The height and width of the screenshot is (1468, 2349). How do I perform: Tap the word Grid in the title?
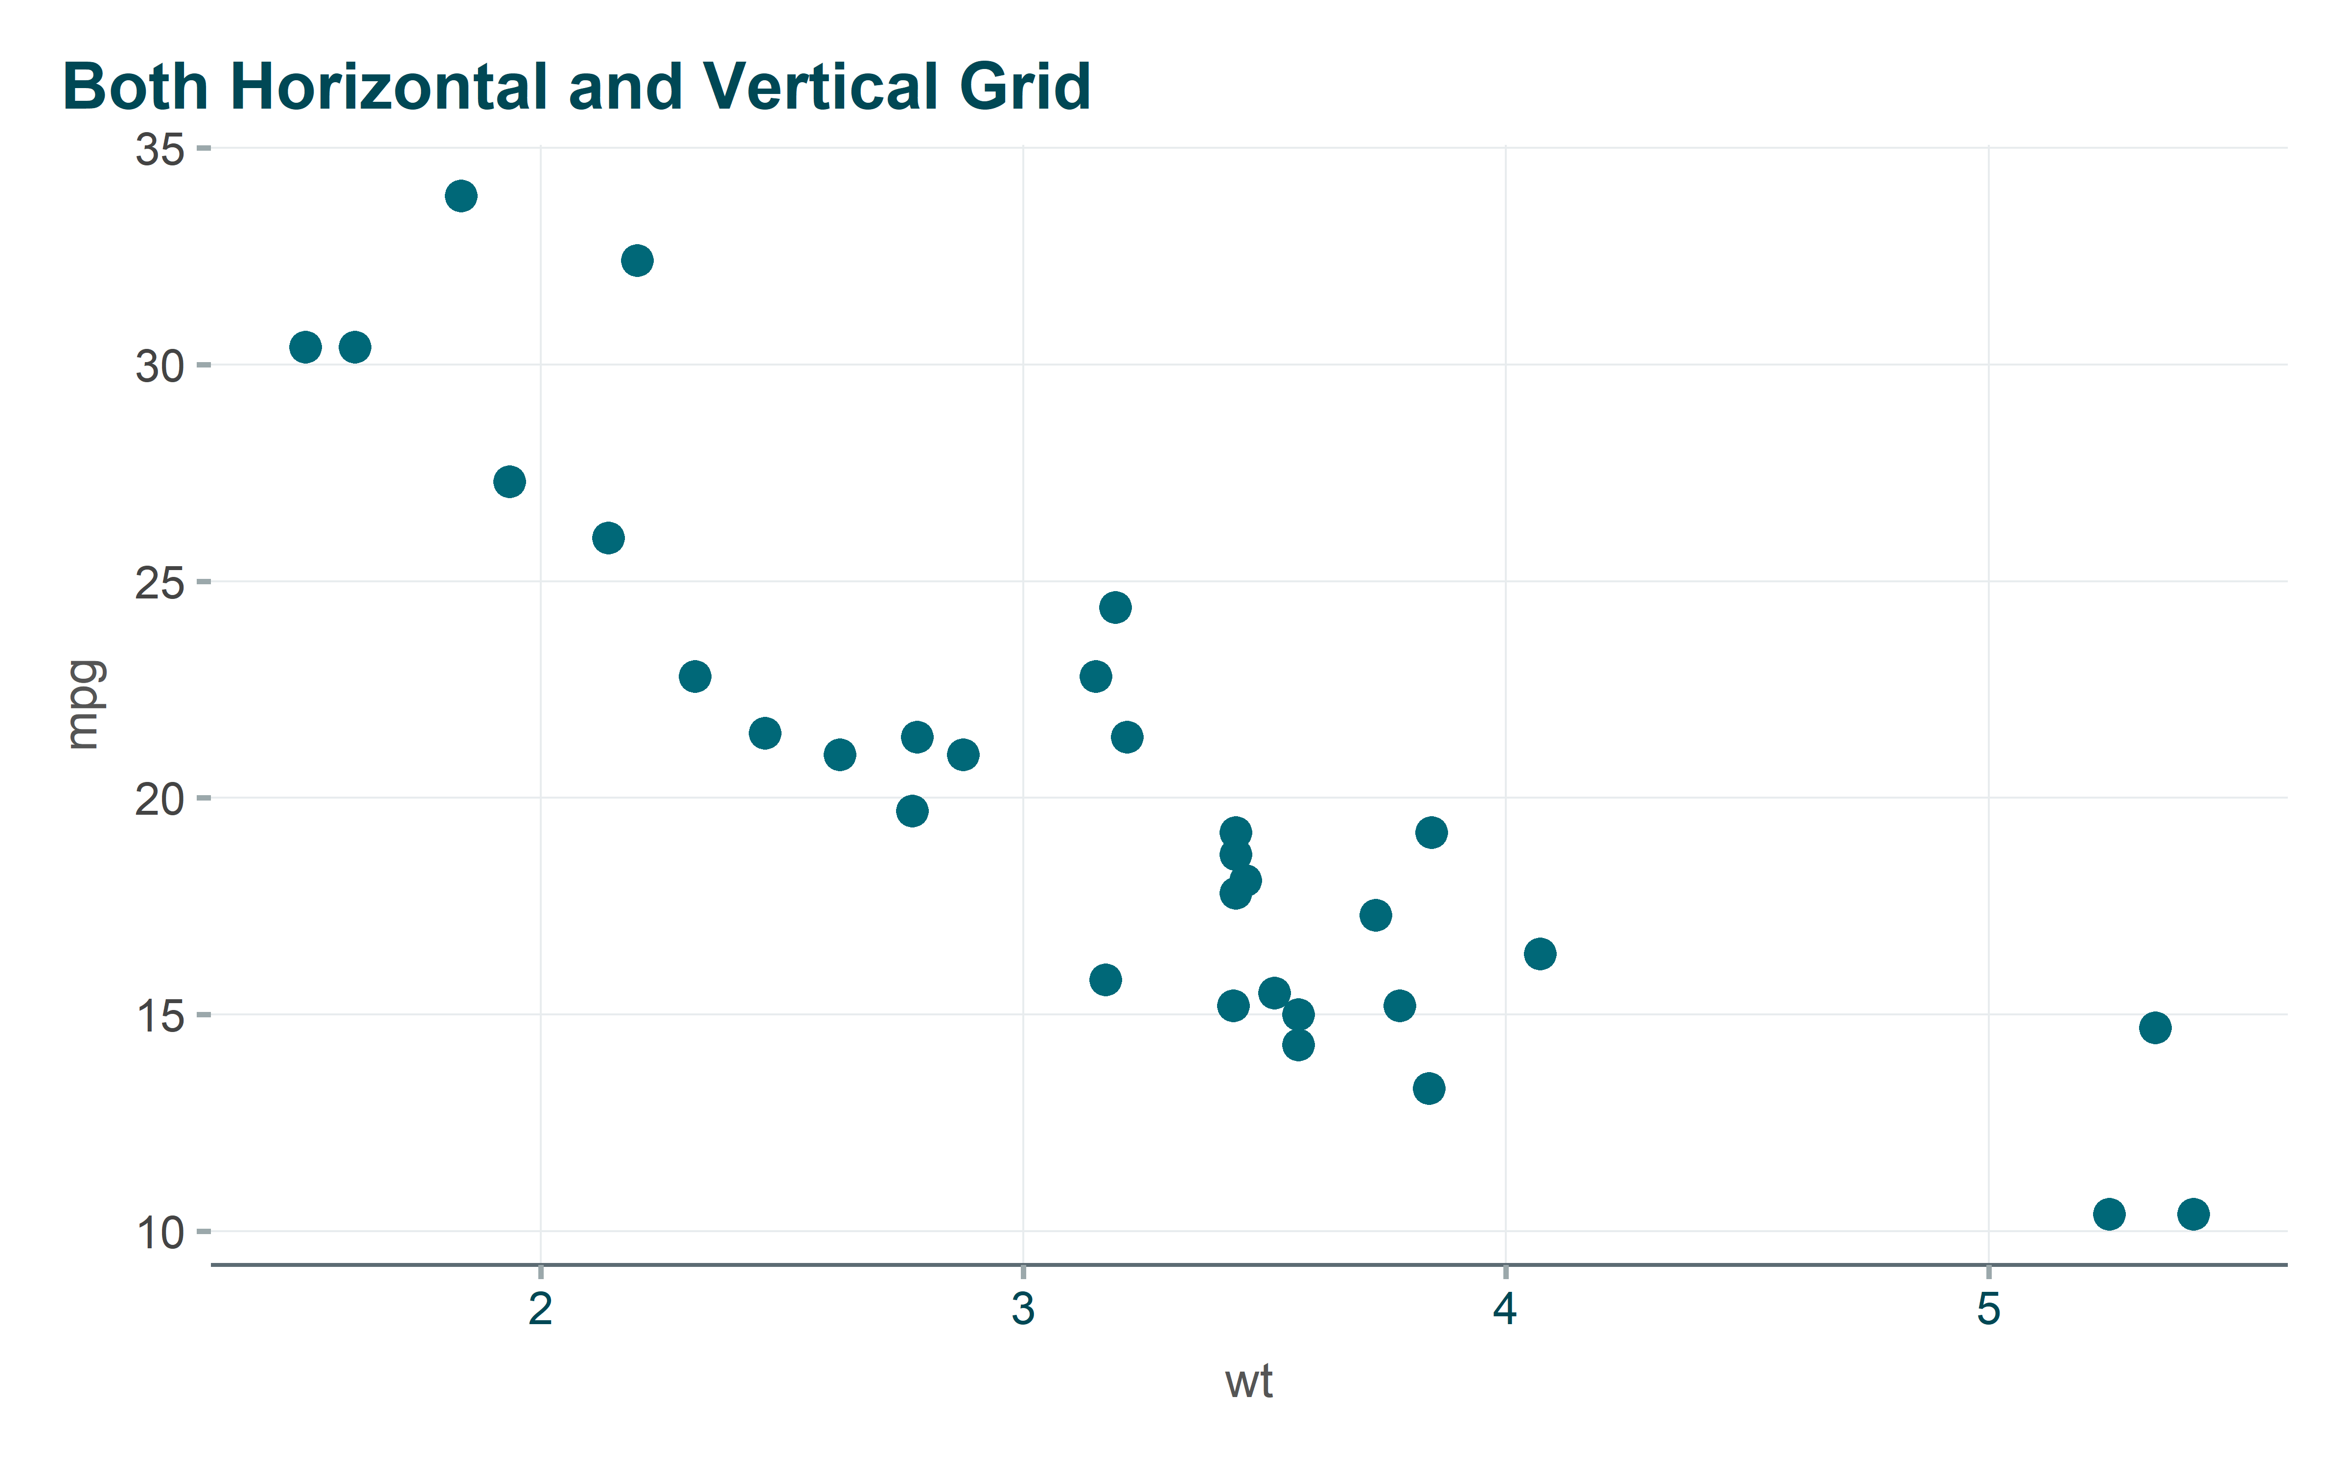click(x=1025, y=88)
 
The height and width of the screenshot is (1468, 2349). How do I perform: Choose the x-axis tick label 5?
click(x=1988, y=1309)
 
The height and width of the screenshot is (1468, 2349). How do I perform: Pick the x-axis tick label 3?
click(x=1023, y=1309)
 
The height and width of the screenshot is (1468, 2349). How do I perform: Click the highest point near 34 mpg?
click(x=461, y=196)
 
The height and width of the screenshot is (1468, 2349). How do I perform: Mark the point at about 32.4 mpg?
click(x=637, y=260)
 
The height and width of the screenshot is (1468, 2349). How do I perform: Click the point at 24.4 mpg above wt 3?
click(x=1115, y=608)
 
